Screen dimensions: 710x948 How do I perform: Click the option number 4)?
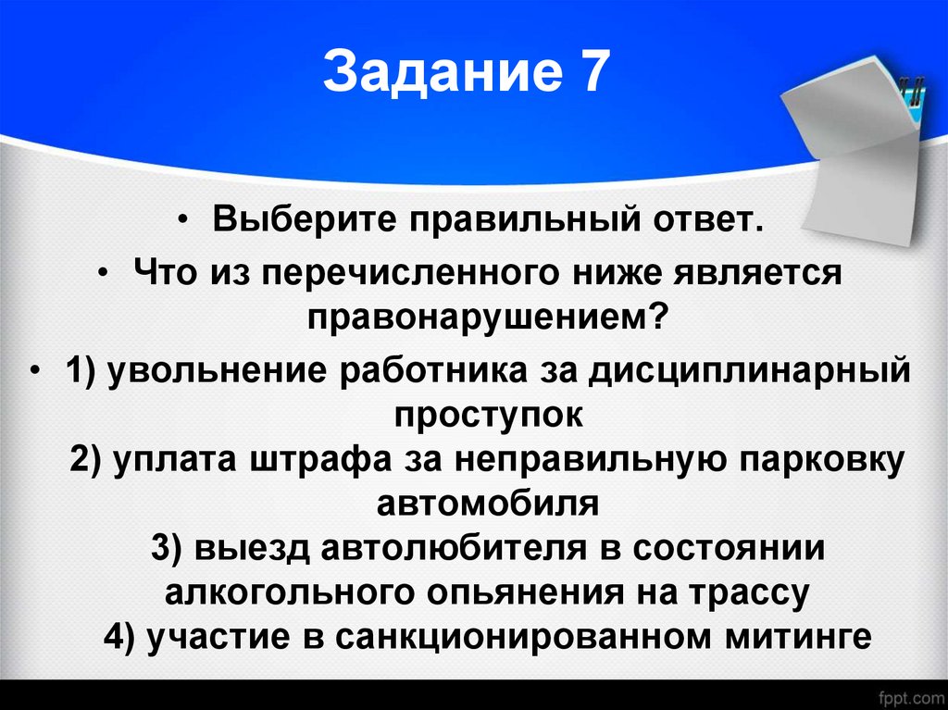coord(122,637)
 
